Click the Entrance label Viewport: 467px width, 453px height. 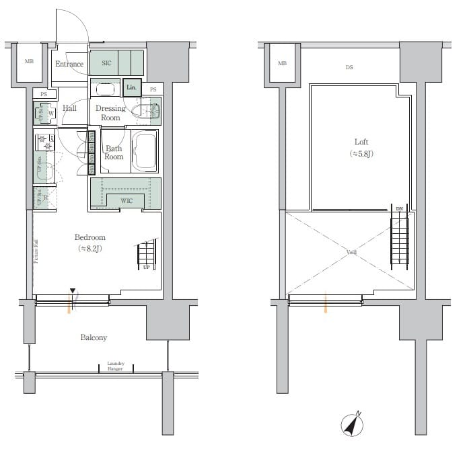coord(69,65)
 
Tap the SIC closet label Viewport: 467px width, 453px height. coord(106,64)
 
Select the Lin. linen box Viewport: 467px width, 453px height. coord(132,88)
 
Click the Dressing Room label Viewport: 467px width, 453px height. coord(110,113)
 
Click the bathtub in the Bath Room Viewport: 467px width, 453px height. coord(144,151)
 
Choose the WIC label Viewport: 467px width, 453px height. coord(127,201)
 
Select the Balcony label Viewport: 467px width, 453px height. coord(94,337)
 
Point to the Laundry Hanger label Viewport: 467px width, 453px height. coord(116,366)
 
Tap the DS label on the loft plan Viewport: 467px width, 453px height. coord(349,67)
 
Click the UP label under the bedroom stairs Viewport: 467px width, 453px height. coord(146,267)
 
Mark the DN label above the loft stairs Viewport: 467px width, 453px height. coord(399,209)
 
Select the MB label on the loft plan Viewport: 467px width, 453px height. coord(281,63)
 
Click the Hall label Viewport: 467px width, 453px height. coord(69,108)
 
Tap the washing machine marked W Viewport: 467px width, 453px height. coord(50,113)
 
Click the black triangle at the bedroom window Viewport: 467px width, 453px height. coord(71,291)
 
